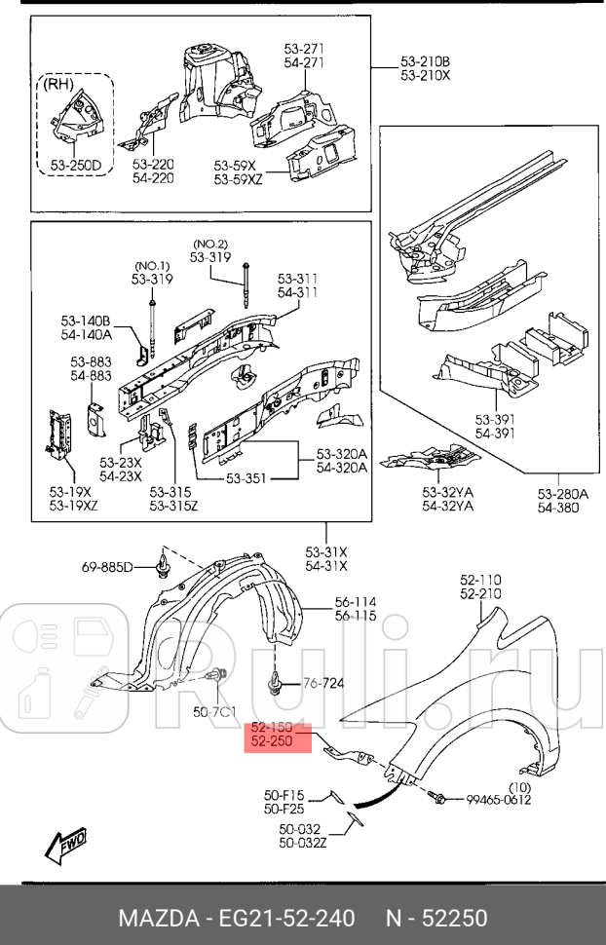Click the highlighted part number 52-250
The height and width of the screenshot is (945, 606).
pyautogui.click(x=273, y=742)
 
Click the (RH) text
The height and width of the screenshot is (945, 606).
pyautogui.click(x=59, y=85)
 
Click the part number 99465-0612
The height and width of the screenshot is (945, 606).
pyautogui.click(x=498, y=800)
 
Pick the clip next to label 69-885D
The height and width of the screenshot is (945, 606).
pyautogui.click(x=162, y=566)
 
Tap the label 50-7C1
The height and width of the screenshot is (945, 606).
pyautogui.click(x=213, y=713)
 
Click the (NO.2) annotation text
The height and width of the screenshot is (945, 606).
pyautogui.click(x=210, y=244)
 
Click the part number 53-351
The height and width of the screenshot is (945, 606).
pyautogui.click(x=247, y=477)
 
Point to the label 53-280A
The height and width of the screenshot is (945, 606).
pyautogui.click(x=562, y=494)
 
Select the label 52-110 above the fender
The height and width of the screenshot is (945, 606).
pyautogui.click(x=480, y=580)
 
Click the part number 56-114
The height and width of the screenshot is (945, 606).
pyautogui.click(x=356, y=602)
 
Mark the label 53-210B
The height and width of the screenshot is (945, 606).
pyautogui.click(x=425, y=61)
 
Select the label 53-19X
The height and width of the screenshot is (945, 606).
pyautogui.click(x=71, y=491)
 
